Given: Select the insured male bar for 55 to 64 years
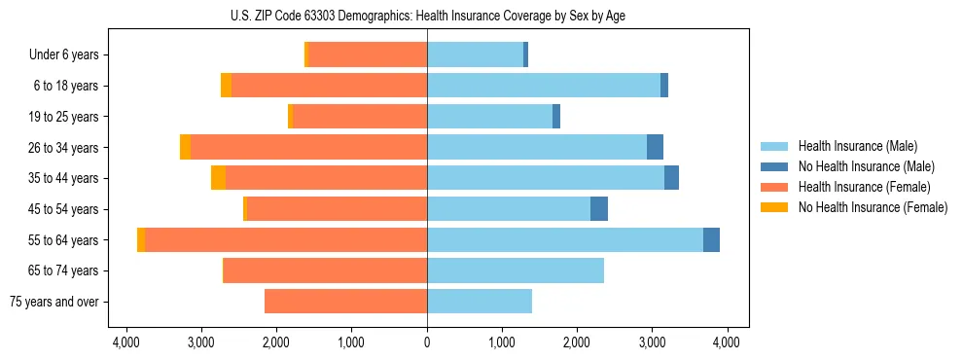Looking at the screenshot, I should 564,239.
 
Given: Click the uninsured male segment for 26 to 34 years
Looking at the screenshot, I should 655,147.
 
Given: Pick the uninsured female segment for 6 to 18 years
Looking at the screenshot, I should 227,86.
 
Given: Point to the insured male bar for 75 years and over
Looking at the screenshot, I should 480,301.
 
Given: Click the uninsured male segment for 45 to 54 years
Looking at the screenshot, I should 599,208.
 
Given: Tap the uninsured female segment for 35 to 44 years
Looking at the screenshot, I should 218,178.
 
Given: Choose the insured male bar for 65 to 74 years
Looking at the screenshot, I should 516,270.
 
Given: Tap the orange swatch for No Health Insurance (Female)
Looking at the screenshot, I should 774,207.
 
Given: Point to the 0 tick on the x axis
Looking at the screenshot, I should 427,342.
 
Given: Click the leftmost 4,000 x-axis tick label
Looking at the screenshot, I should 126,342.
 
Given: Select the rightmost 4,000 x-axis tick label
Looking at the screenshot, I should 727,342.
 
